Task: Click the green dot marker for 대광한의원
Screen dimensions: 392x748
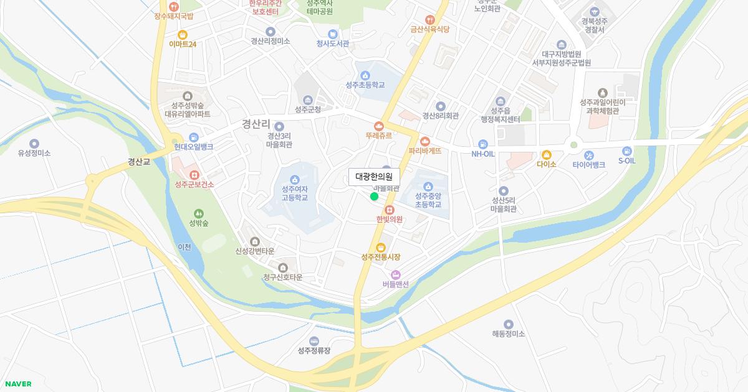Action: click(x=374, y=197)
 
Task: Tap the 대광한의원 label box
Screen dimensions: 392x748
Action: click(x=374, y=177)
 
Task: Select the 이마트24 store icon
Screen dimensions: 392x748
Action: click(x=183, y=35)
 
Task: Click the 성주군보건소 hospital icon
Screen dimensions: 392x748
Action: click(x=194, y=175)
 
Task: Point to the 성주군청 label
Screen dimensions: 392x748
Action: click(x=308, y=110)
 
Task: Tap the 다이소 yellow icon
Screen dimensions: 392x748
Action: click(x=547, y=155)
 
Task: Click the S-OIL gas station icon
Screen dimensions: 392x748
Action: click(x=626, y=151)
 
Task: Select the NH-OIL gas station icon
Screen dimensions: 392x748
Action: click(x=483, y=144)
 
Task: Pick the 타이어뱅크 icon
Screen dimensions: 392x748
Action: click(x=589, y=155)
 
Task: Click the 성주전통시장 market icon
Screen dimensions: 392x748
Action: click(x=380, y=247)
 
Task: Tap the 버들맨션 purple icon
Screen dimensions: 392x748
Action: click(x=395, y=274)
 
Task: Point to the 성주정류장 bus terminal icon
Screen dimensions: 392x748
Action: click(x=314, y=341)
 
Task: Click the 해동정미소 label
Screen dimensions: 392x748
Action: click(x=508, y=334)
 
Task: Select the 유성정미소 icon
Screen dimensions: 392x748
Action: click(x=34, y=144)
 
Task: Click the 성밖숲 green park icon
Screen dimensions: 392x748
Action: click(x=199, y=213)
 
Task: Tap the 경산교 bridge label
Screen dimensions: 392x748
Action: click(x=139, y=162)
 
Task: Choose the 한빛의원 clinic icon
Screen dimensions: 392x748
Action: click(x=390, y=210)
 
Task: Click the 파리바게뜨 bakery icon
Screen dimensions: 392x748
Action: click(x=425, y=141)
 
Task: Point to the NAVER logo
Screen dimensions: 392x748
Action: click(x=17, y=384)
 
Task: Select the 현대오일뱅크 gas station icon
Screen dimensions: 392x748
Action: click(x=194, y=137)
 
